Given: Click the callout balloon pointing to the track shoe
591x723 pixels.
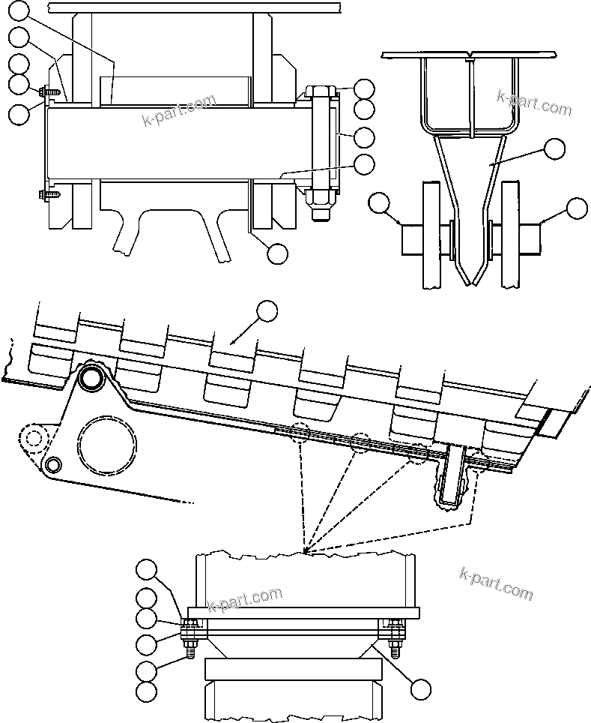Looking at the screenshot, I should click(x=267, y=311).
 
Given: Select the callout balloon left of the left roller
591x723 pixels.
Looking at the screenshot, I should click(x=381, y=202).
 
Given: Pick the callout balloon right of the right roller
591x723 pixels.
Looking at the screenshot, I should click(x=577, y=208).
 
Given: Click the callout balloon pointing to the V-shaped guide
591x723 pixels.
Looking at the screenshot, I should click(x=554, y=148).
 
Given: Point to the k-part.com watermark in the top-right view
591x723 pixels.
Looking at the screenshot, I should click(x=534, y=103).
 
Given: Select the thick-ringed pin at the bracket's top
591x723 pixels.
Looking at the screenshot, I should click(x=93, y=378).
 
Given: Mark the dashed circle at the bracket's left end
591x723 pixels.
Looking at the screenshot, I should click(x=31, y=438).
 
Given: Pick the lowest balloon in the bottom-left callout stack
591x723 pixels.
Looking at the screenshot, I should click(x=147, y=691).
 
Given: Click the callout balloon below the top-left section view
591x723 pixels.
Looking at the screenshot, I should click(x=277, y=253).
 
